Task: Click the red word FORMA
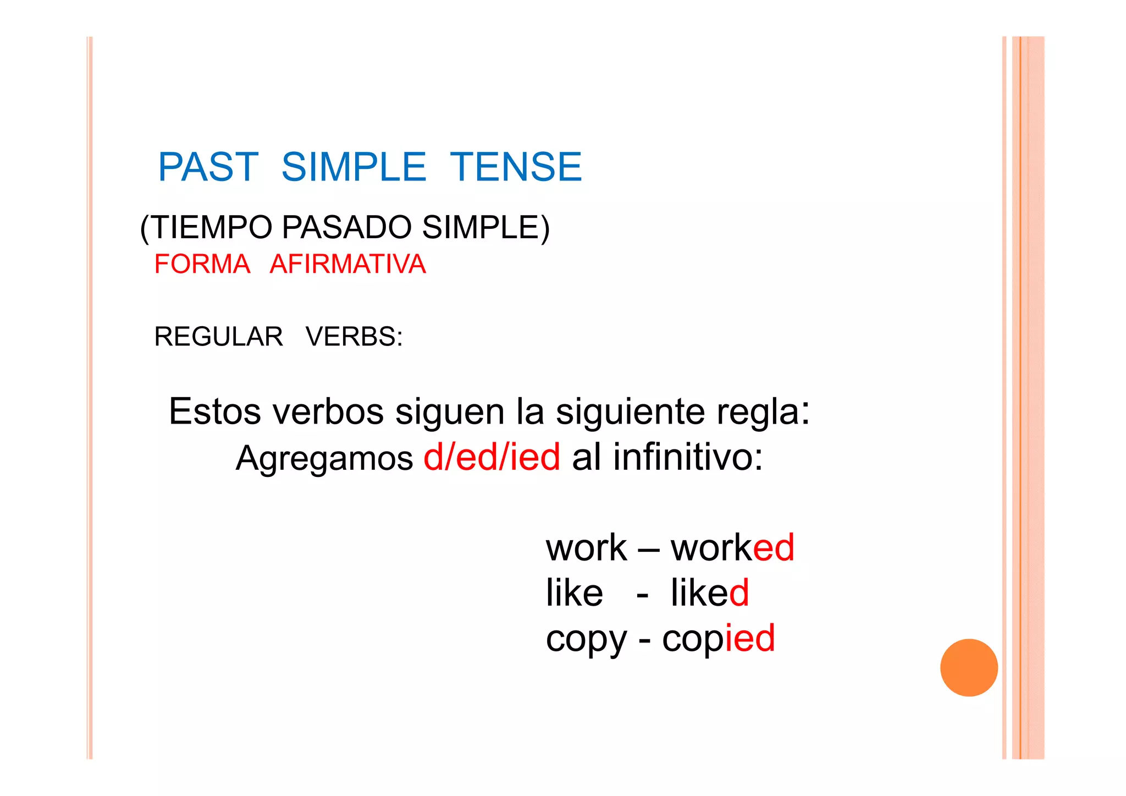coord(202,264)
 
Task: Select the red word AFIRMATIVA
coord(347,264)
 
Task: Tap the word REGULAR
coord(218,337)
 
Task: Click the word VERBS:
coord(354,337)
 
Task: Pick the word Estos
coord(214,411)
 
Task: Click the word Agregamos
coord(324,458)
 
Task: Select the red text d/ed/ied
coord(492,457)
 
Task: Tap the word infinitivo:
coord(688,457)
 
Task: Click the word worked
coord(732,548)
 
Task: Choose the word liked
coord(709,593)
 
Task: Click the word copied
coord(718,639)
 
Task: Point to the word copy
coord(586,640)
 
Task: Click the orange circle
coord(969,667)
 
